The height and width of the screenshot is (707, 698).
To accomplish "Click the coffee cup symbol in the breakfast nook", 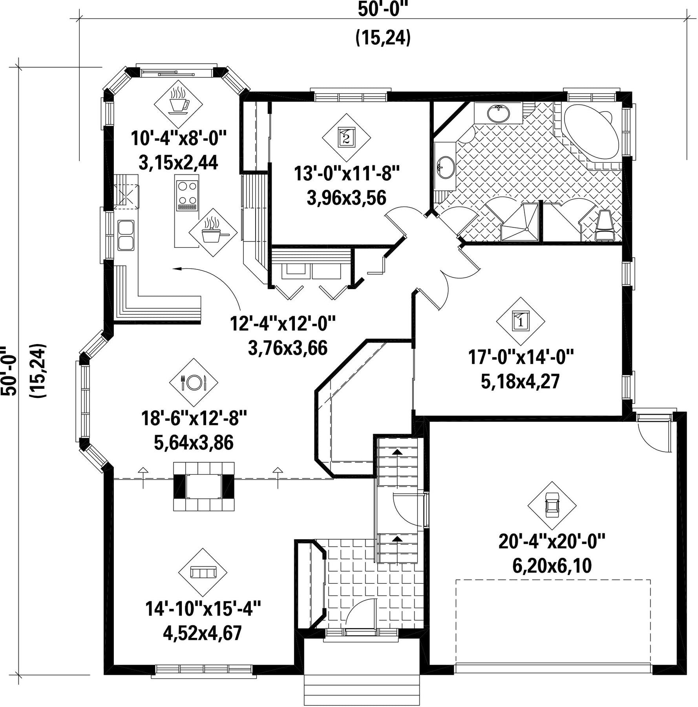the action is coord(178,101).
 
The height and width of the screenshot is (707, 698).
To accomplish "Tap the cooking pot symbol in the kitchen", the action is coord(213,232).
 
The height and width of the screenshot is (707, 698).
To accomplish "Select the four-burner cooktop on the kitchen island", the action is coord(187,195).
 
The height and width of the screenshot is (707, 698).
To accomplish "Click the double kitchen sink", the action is coord(126,235).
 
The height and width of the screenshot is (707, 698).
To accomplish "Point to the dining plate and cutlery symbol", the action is coord(194,382).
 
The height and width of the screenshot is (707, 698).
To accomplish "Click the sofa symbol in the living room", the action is coord(203,572).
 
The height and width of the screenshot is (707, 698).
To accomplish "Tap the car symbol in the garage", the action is coord(552,506).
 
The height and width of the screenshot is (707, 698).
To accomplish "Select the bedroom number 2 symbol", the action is coord(346,137).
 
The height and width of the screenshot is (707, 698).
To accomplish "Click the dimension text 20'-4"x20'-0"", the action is coord(552,542).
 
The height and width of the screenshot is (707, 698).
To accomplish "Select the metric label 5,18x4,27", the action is coord(521,382).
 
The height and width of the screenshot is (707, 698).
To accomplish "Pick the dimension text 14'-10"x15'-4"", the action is coord(203,609).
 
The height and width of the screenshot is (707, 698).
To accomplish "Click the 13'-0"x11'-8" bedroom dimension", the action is coord(347,173).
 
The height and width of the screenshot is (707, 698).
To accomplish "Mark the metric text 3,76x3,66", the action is coord(288,348).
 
